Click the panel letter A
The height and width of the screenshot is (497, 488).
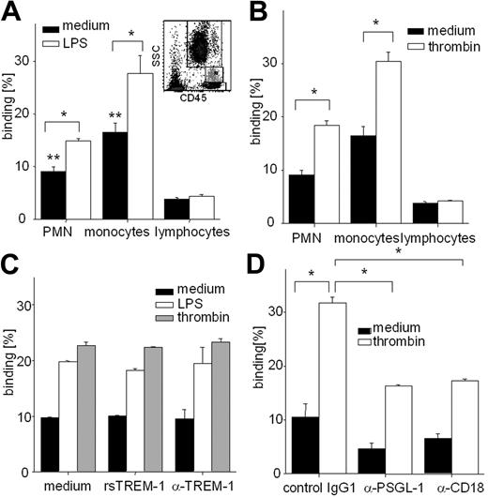12,12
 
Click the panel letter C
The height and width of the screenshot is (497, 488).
12,264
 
